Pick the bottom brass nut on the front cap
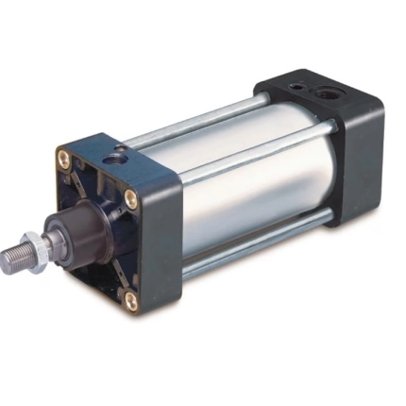[131, 300]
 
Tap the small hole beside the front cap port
[100, 148]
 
